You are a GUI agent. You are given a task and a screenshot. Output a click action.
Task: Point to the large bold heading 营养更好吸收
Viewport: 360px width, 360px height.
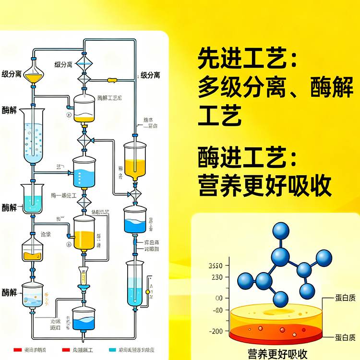coord(265,185)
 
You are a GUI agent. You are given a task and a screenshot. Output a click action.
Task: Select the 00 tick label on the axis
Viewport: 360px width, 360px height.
coord(219,298)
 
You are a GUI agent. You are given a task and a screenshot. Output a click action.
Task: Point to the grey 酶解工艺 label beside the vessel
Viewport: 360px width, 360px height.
coord(109,98)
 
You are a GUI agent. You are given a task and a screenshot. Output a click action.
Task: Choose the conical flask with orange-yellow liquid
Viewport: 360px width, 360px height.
coord(33,251)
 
